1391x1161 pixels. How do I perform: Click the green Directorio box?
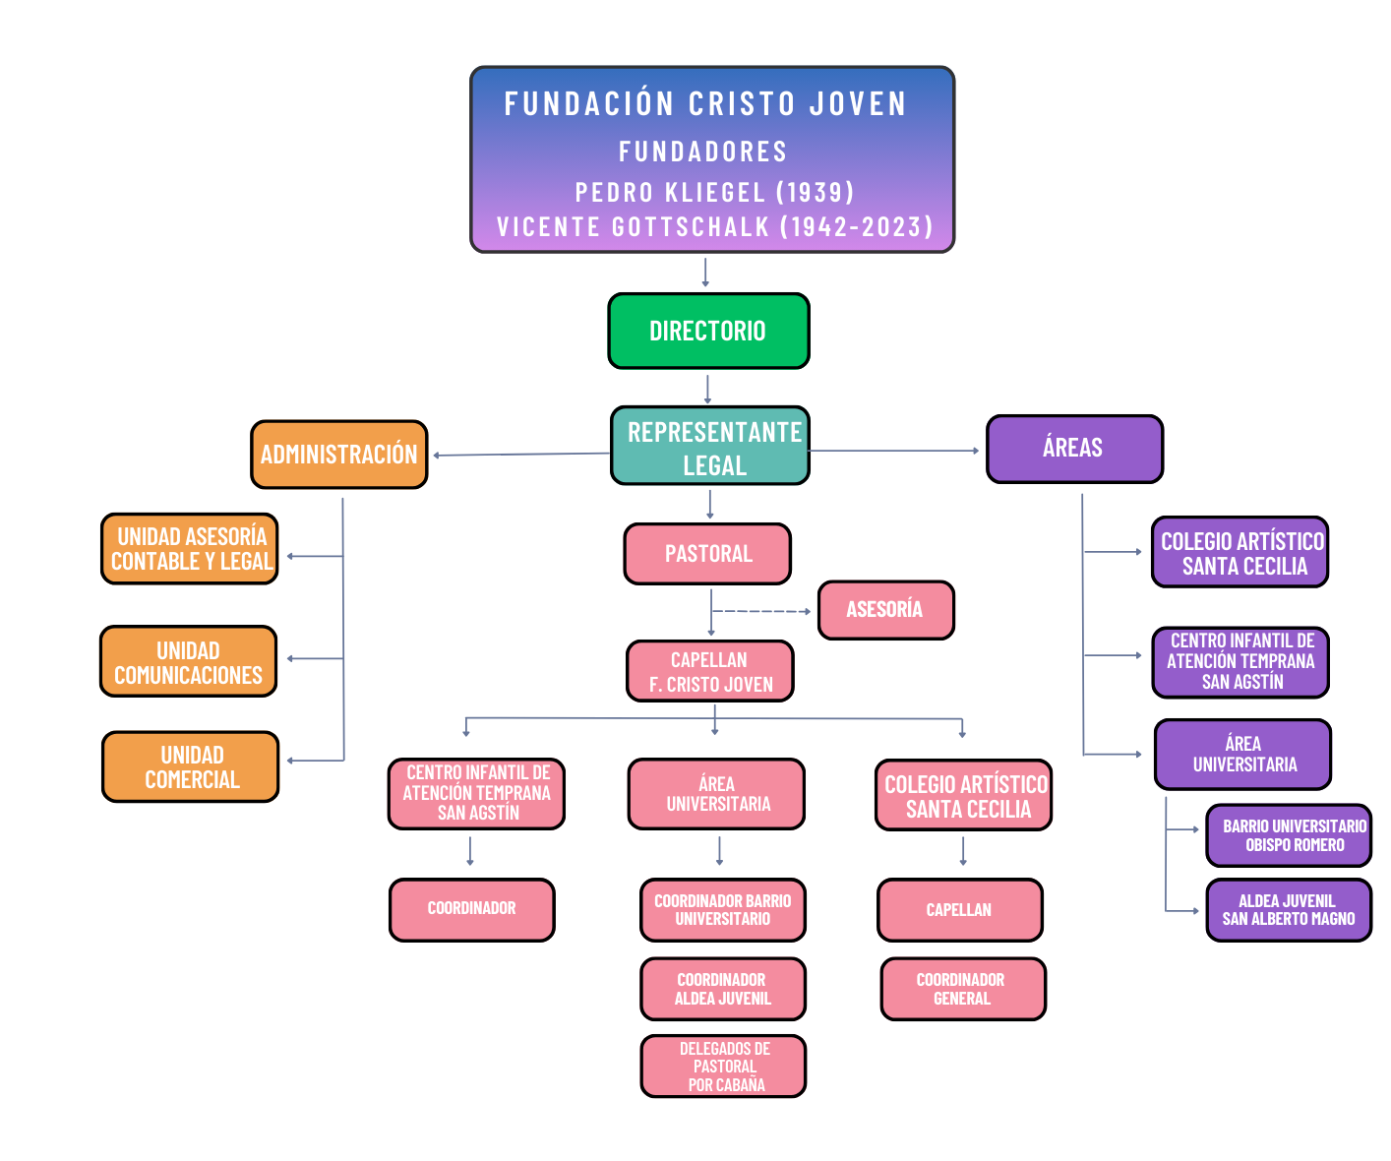tap(708, 331)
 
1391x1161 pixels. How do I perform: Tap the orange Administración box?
tap(338, 455)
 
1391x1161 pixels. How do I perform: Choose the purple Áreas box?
tap(1074, 449)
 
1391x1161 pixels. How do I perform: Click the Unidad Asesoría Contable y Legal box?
tap(190, 549)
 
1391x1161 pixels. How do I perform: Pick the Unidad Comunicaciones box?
tap(188, 662)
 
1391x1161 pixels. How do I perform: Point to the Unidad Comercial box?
tap(191, 767)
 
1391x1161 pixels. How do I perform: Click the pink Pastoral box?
tap(707, 554)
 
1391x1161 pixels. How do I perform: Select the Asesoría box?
tap(885, 610)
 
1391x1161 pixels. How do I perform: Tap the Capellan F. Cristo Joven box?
tap(709, 672)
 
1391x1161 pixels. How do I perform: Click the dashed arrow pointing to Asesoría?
tap(762, 611)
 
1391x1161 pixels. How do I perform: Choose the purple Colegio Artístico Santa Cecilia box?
tap(1240, 553)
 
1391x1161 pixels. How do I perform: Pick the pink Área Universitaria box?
tap(716, 794)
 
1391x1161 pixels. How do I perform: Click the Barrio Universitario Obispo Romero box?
tap(1289, 835)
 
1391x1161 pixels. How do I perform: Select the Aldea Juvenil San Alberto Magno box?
tap(1289, 910)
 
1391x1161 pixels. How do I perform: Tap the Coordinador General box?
tap(962, 989)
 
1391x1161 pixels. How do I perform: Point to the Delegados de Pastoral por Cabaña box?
tap(724, 1067)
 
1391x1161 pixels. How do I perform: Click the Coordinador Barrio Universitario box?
tap(723, 910)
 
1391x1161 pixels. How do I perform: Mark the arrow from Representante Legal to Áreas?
tap(895, 451)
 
